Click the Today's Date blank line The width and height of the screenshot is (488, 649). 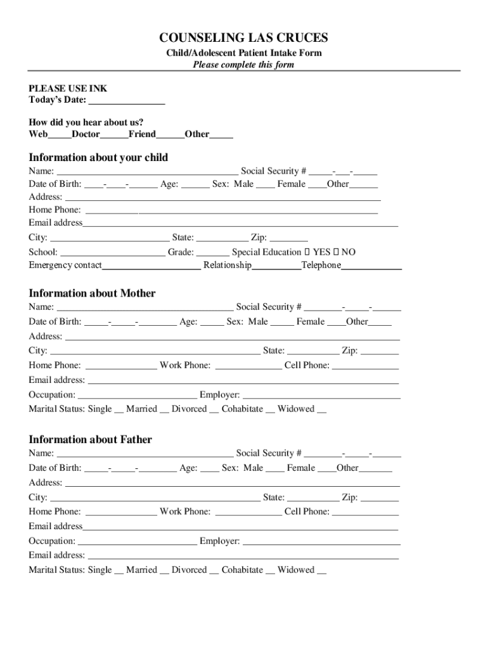[127, 101]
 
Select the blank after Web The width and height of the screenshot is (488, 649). [60, 135]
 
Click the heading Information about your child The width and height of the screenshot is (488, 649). [98, 157]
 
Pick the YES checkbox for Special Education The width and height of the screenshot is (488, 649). [307, 252]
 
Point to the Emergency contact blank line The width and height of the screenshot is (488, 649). [151, 266]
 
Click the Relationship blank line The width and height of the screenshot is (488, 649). [276, 266]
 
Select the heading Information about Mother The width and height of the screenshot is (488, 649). [92, 293]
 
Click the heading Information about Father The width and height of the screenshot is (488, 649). [90, 440]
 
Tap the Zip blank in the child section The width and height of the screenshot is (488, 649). [288, 239]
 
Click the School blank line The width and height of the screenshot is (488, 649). [112, 253]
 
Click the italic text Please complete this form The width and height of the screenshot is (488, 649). [244, 65]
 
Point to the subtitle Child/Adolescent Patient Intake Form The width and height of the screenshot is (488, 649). [244, 53]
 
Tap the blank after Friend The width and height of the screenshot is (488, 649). [170, 135]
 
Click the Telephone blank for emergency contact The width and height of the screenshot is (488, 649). [371, 266]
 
